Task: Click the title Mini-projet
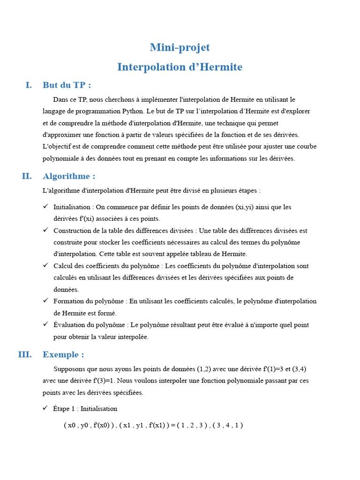(180, 47)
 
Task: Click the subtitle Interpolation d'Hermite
(180, 67)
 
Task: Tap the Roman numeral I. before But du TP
(29, 85)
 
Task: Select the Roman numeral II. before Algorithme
(27, 176)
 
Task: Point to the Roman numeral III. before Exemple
(25, 354)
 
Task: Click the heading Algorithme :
(69, 176)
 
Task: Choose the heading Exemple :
(63, 354)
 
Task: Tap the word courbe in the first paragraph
(307, 147)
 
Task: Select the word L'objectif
(56, 147)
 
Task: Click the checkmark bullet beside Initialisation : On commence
(45, 206)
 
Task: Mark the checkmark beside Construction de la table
(45, 230)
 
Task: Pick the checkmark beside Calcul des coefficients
(45, 265)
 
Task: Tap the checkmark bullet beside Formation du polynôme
(45, 300)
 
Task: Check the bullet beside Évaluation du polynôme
(45, 324)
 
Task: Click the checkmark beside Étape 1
(45, 408)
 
